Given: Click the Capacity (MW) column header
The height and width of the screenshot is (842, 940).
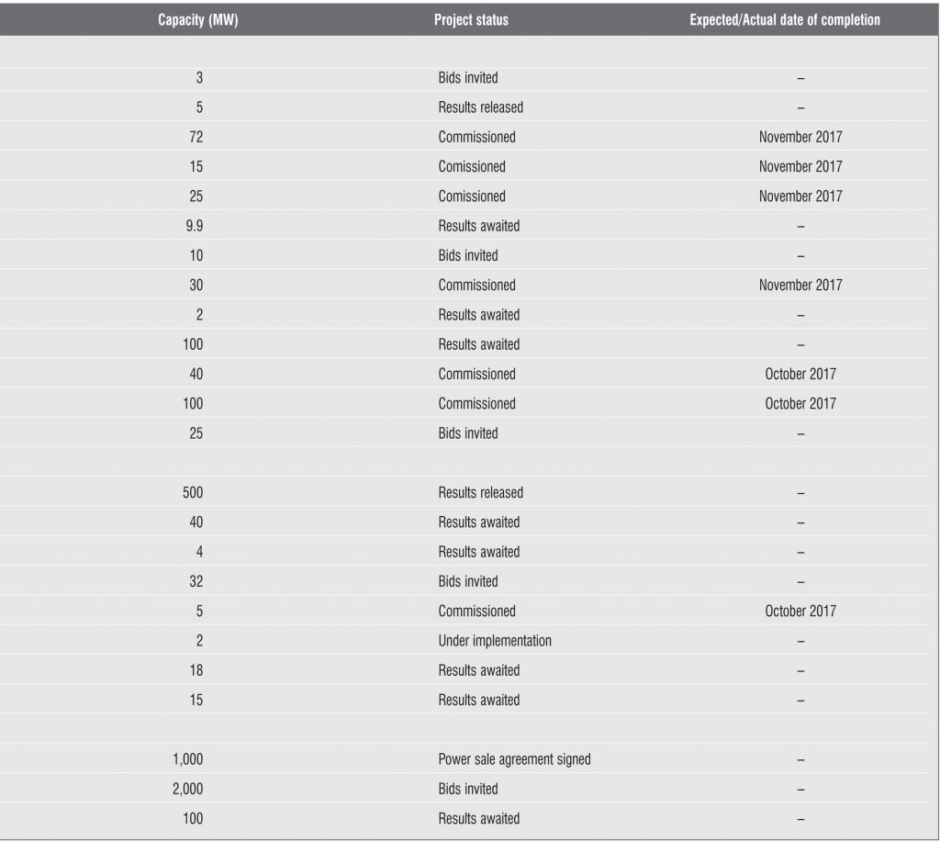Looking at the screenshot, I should (197, 20).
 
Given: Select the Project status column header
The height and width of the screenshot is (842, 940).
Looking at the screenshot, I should (471, 20).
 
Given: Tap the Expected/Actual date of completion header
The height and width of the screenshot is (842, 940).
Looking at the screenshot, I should (785, 20).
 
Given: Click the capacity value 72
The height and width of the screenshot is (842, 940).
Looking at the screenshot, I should (196, 137).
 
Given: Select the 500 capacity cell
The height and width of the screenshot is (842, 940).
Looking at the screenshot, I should (194, 493).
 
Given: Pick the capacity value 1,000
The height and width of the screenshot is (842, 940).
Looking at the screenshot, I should (187, 759).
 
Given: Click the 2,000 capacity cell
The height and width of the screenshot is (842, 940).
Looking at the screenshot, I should (187, 789).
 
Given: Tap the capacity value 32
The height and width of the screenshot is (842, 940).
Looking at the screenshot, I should (196, 581).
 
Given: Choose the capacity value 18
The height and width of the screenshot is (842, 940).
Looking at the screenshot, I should (196, 670).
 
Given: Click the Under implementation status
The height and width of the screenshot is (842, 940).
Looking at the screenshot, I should (495, 641).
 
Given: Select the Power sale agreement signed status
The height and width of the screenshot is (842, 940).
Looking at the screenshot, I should (514, 759).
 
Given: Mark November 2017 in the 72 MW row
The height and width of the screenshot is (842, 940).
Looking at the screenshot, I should (800, 137).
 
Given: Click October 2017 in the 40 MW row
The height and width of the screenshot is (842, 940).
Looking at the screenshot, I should (800, 374).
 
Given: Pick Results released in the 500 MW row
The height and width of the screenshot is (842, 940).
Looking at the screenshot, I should (480, 493).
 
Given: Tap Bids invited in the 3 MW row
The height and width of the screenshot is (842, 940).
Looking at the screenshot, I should (468, 78).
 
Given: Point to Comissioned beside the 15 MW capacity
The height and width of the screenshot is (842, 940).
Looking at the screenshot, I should (472, 166).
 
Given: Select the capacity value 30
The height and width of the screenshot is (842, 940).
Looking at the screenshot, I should (196, 285).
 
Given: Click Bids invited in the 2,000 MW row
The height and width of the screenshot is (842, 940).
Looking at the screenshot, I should (468, 789).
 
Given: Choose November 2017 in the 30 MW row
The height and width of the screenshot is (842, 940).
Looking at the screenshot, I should (800, 285).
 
